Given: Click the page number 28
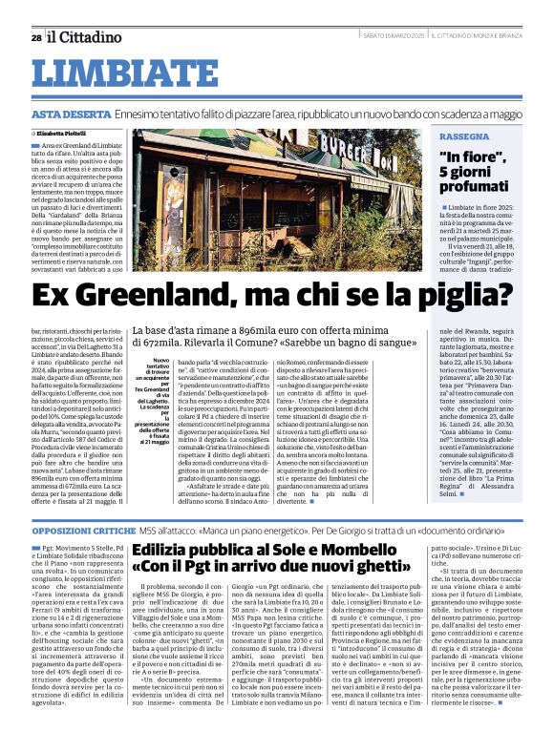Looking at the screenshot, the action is click(35, 38).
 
